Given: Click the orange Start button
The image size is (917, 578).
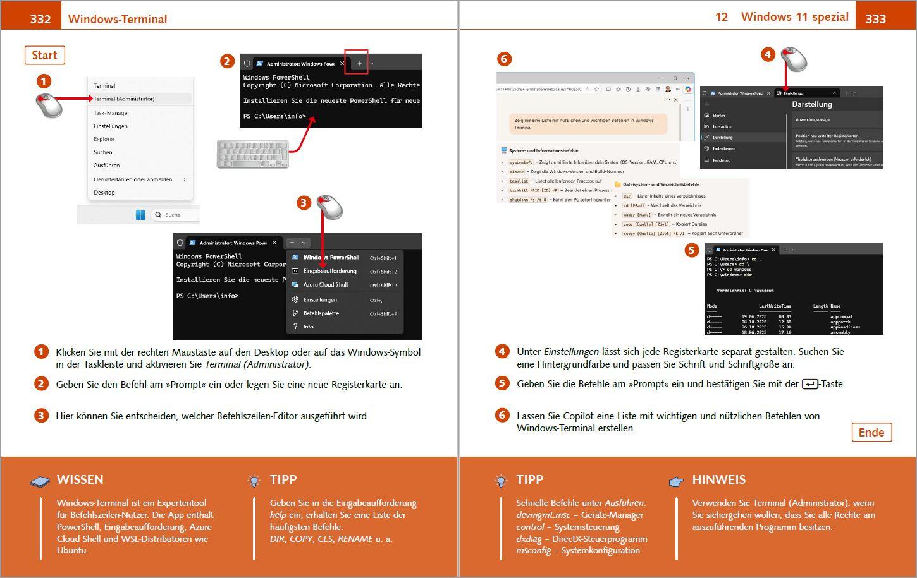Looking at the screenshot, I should pos(44,56).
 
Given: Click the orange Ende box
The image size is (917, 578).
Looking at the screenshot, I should pos(871,433).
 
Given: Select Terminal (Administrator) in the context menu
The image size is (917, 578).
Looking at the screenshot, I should pos(124,99).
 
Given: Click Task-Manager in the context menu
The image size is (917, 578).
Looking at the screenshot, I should pos(111,113).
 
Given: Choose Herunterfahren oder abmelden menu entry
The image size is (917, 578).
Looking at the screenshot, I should pos(133,179).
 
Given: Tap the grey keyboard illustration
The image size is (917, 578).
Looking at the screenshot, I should pos(252,154).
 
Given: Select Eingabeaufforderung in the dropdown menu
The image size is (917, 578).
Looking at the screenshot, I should pos(329,271).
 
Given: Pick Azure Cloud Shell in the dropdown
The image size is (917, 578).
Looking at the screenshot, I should pos(325,285).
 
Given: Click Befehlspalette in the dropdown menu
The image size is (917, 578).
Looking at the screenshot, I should pos(321,313).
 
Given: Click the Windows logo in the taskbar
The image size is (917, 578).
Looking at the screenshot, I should pos(140,215).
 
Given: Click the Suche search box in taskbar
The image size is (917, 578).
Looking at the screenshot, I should pos(174,215).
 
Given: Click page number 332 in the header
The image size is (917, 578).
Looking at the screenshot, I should pos(40,19).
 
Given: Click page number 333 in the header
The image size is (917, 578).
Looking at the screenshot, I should pos(875,19).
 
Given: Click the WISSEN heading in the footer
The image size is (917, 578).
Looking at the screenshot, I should pos(80,480).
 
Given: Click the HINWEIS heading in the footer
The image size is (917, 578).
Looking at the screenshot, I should pos(718,480).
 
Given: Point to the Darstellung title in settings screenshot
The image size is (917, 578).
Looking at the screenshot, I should pos(812,104).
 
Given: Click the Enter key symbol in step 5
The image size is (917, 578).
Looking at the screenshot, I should pos(809,384).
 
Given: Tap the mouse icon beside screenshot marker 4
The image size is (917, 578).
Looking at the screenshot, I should pos(794,59).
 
